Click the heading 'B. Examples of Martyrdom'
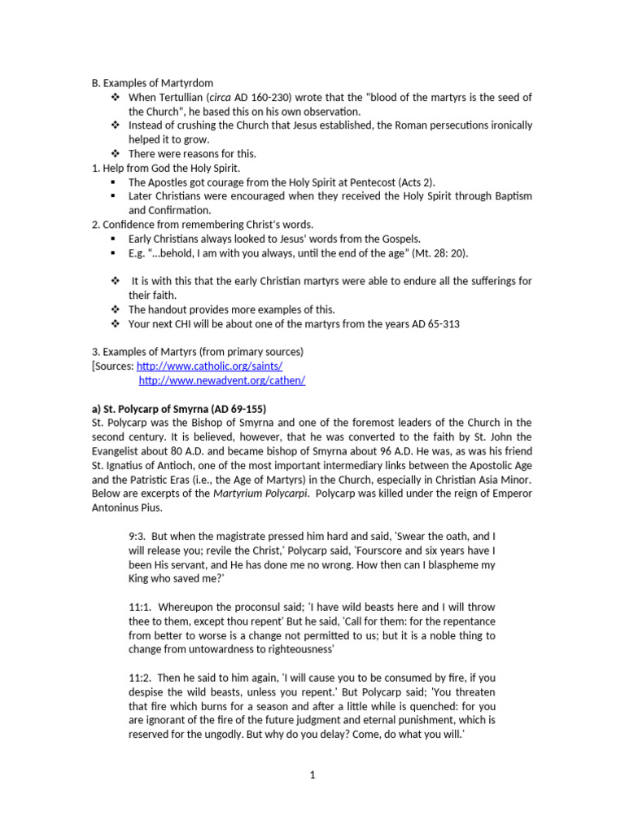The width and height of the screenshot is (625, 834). pos(151,83)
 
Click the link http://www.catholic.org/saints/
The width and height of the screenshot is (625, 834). pos(209,367)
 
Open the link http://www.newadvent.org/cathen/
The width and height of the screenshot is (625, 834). pos(222,380)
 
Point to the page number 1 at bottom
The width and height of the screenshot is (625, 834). pos(312,775)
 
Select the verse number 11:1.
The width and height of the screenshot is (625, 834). pos(140,608)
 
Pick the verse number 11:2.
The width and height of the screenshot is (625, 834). pos(140,678)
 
